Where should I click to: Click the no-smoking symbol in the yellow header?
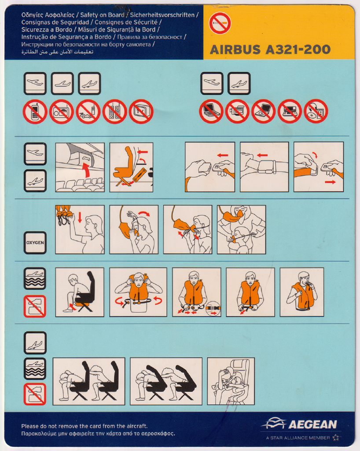tap(220, 23)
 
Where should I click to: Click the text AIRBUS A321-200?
tap(270, 49)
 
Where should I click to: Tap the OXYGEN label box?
tap(35, 243)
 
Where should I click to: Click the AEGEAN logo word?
tap(312, 425)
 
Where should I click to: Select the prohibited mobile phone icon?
tap(35, 111)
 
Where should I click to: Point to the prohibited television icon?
tap(141, 111)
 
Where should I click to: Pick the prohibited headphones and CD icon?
tap(316, 111)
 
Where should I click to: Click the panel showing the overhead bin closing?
tap(80, 167)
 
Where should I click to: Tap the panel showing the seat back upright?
tap(131, 167)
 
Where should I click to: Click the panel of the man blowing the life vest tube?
tap(302, 292)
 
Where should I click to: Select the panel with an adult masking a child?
tap(241, 229)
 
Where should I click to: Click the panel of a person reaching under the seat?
tap(80, 292)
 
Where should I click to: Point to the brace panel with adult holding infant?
tap(231, 381)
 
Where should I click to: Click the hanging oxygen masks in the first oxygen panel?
tap(63, 215)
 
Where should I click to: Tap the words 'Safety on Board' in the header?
tap(102, 15)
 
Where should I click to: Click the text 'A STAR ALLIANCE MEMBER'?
tap(298, 438)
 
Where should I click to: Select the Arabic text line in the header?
tap(58, 52)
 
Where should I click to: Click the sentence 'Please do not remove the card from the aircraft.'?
tap(84, 426)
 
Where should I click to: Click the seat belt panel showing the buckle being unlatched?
tap(319, 167)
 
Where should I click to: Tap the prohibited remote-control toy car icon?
tap(88, 111)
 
